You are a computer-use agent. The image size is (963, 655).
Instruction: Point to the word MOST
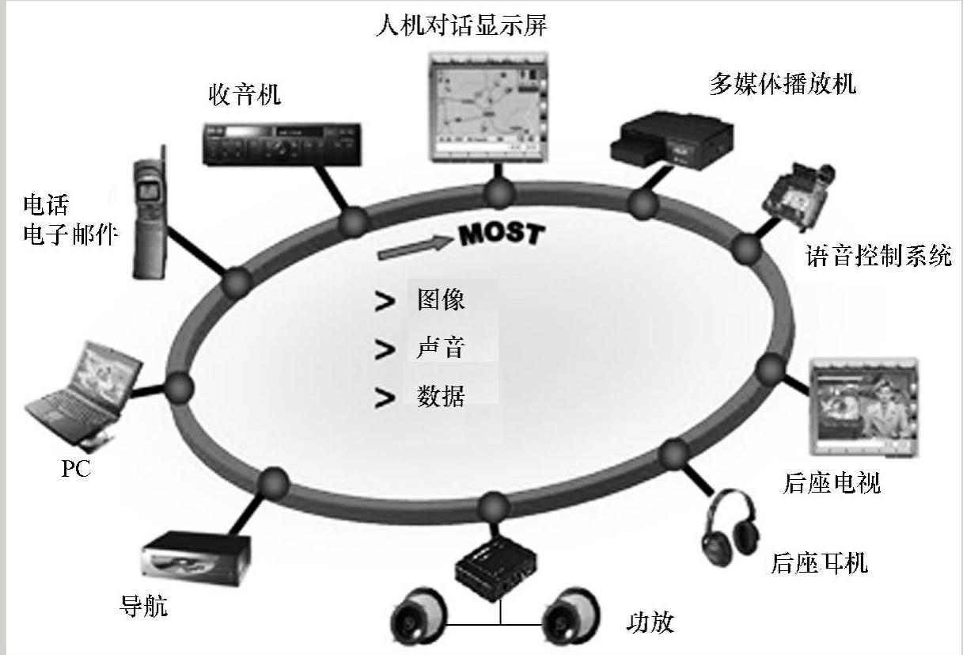click(502, 234)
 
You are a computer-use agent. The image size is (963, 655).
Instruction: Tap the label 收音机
click(245, 96)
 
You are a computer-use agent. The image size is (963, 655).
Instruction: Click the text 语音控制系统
click(878, 257)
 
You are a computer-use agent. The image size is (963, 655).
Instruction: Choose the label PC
click(76, 469)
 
